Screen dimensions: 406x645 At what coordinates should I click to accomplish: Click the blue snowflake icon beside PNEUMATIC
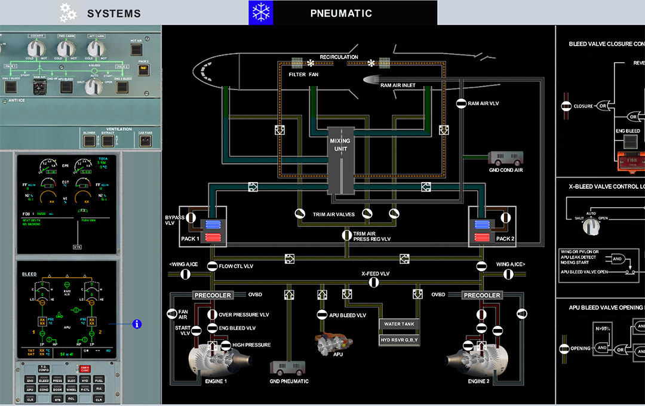click(261, 13)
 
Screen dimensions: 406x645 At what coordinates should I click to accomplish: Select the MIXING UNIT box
click(340, 160)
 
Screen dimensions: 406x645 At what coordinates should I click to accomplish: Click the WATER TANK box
click(400, 324)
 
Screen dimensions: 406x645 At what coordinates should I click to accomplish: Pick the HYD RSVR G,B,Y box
click(400, 340)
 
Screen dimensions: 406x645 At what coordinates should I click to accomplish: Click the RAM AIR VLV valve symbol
click(461, 103)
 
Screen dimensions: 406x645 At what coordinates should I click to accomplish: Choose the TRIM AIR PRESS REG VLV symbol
click(346, 235)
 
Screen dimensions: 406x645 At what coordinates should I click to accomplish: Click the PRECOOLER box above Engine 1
click(211, 295)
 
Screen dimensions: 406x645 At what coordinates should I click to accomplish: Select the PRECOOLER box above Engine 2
click(483, 295)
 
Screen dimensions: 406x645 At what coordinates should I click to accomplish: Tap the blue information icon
click(137, 324)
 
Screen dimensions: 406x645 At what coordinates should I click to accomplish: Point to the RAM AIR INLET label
click(398, 85)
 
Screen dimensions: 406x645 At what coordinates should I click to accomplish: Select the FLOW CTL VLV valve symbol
click(212, 266)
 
